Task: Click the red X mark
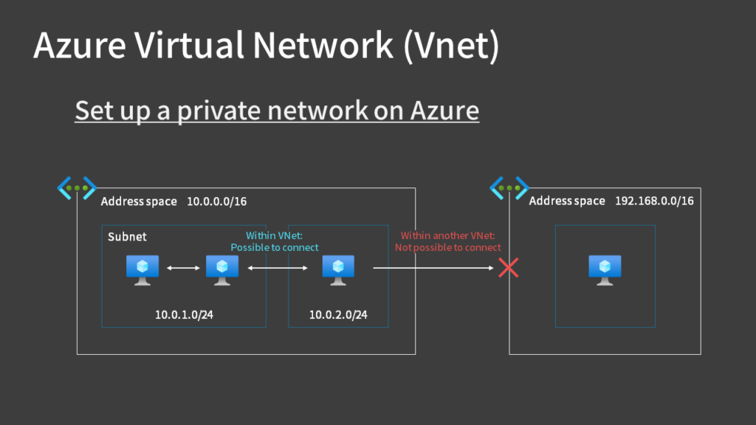(509, 268)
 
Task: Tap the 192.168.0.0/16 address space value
(654, 201)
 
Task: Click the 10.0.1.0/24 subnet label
(185, 315)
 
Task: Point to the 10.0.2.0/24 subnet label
(338, 315)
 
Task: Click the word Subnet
(127, 237)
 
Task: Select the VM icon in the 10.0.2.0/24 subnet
(338, 269)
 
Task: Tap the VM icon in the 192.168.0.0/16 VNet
(605, 269)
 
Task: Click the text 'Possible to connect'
(275, 247)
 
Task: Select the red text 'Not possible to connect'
(447, 247)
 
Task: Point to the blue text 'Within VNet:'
(275, 235)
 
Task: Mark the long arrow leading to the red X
(432, 269)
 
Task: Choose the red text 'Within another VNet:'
(447, 235)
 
